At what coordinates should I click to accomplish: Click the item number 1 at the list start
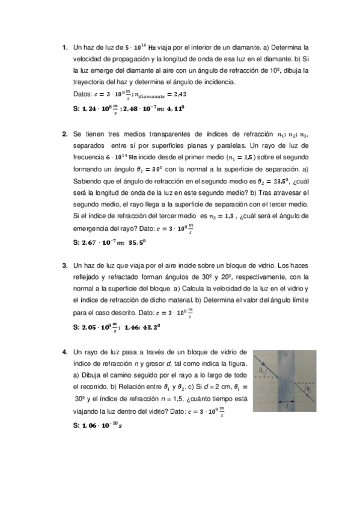click(65, 46)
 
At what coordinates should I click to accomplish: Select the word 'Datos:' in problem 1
click(82, 94)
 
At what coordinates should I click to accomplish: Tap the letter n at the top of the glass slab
click(287, 355)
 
